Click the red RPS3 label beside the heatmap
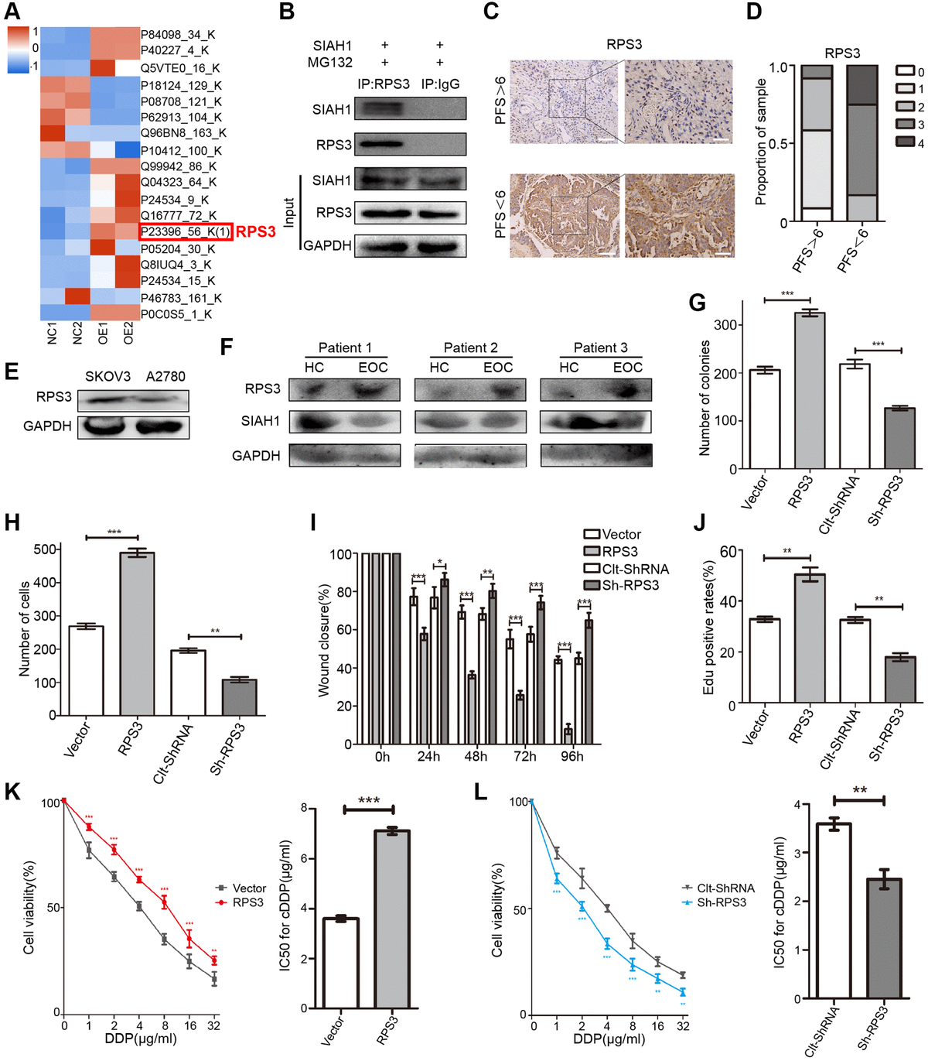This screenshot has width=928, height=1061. (x=255, y=231)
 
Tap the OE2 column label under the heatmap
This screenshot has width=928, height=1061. (x=128, y=334)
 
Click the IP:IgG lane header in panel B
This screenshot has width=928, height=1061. (x=440, y=84)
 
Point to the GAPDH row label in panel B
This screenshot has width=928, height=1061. (x=327, y=245)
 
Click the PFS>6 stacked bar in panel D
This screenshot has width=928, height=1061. (x=816, y=143)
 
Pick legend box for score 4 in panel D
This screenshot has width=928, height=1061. (x=905, y=142)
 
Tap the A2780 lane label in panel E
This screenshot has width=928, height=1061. (x=165, y=376)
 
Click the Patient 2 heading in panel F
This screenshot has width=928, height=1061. (x=470, y=347)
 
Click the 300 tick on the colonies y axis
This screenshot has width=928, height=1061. (x=725, y=325)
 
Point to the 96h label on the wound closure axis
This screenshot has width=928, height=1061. (x=572, y=756)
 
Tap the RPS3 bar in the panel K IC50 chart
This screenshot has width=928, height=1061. (x=392, y=919)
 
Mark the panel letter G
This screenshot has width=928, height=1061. (x=698, y=302)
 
